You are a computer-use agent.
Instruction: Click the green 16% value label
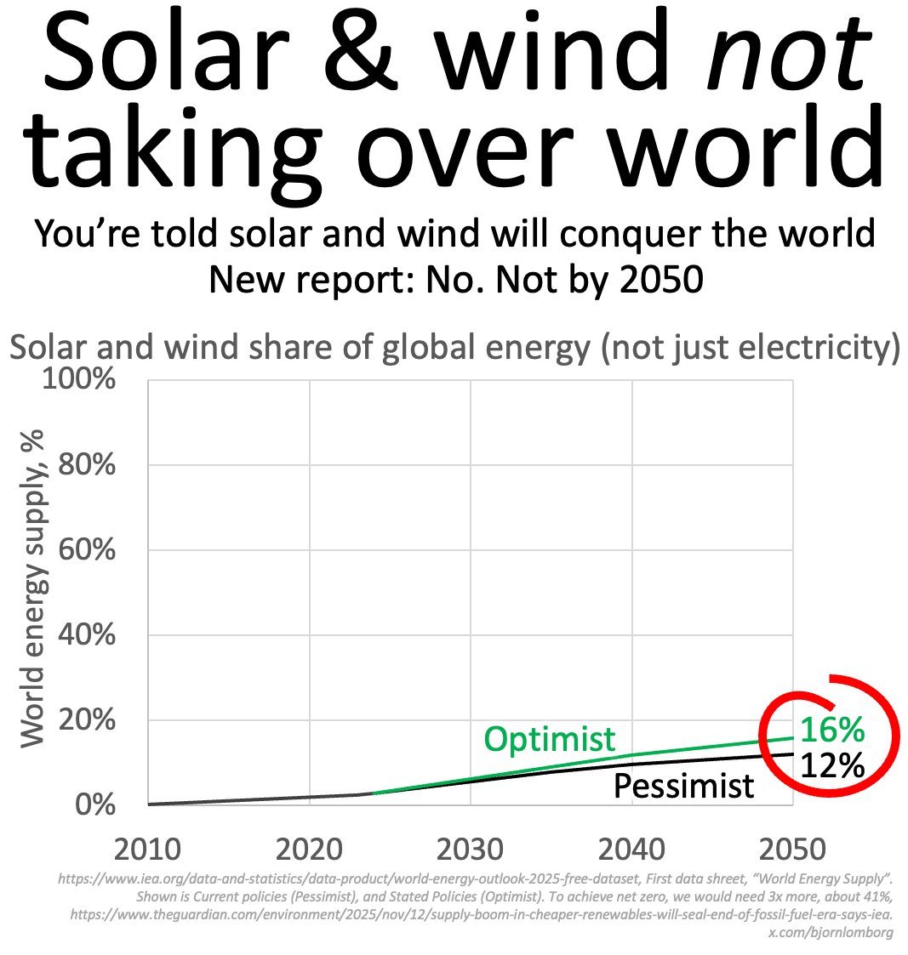click(831, 730)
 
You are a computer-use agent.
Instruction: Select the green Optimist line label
click(549, 738)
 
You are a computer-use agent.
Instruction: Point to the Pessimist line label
click(683, 786)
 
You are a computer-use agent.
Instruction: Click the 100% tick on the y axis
click(78, 379)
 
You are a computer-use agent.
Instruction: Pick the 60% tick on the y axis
click(85, 550)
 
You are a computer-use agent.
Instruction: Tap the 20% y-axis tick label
click(85, 720)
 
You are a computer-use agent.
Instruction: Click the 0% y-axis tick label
click(95, 804)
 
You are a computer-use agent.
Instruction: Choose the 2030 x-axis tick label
click(470, 850)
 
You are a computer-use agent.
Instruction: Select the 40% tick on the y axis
click(85, 635)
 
